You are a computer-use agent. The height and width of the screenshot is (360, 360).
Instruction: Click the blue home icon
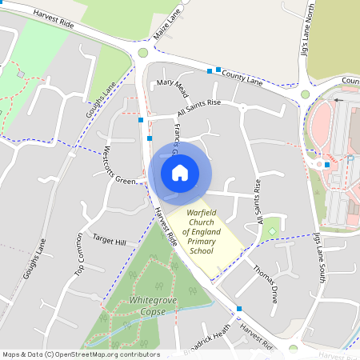pos(180,172)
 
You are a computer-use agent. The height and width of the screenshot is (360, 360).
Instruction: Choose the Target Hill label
pos(110,240)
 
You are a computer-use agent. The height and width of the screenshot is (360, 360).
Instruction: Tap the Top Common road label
pos(79,255)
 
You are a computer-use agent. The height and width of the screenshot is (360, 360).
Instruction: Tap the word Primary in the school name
pos(198,242)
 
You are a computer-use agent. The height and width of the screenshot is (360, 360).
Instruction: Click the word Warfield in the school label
pos(202,213)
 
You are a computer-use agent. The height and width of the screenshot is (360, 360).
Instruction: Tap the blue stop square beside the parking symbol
pos(327,165)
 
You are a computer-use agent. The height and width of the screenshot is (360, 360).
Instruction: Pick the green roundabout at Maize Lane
pos(143,53)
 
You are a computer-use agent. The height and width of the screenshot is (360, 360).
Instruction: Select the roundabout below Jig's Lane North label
pos(305,94)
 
